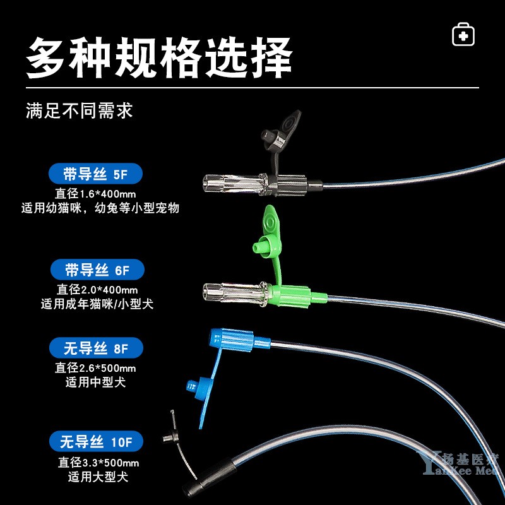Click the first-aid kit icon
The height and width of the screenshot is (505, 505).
[463, 34]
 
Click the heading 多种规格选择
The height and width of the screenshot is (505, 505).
[159, 58]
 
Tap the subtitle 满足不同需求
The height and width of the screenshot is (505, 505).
[80, 111]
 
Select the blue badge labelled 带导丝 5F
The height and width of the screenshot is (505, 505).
[95, 174]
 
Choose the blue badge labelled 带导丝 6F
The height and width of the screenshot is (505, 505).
[97, 270]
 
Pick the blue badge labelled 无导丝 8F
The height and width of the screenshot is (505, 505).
[96, 348]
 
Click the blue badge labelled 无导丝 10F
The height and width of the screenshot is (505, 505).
[96, 441]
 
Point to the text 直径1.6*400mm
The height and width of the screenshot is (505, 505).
[95, 194]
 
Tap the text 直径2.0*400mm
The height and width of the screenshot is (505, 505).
[97, 290]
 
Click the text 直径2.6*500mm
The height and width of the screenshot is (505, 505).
[95, 368]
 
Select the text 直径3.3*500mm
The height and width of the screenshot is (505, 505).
[98, 463]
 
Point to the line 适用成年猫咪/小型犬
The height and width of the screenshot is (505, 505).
[97, 304]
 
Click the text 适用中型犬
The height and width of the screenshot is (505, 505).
[95, 383]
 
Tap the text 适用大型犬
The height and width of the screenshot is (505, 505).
[98, 477]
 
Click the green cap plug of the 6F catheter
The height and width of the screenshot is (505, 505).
[266, 239]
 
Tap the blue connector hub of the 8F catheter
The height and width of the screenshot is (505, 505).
[239, 340]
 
